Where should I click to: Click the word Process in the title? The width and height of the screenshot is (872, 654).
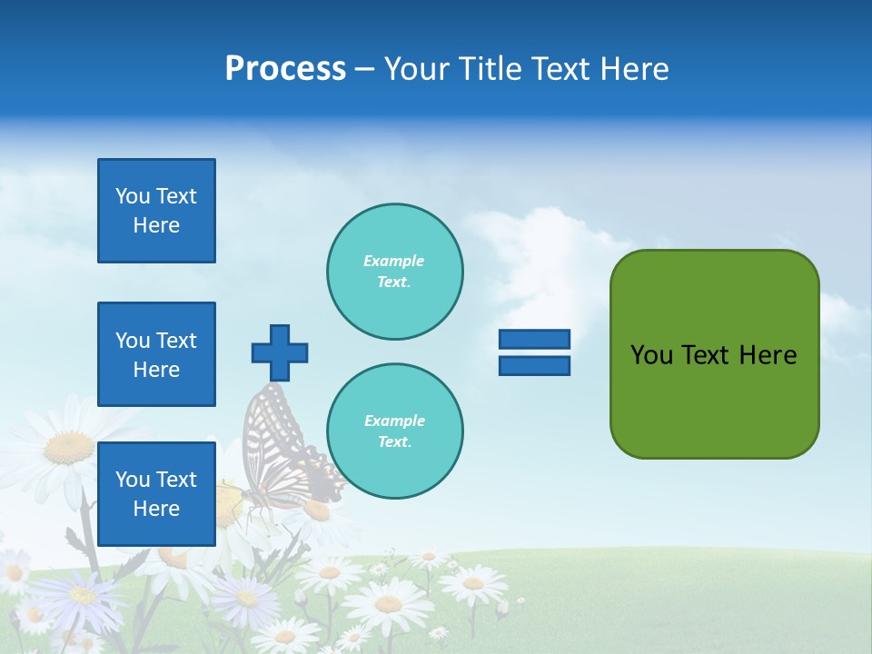[x=285, y=69]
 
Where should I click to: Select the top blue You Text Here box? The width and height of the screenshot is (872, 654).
[x=156, y=211]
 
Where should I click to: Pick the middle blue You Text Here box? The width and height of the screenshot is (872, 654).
[x=156, y=354]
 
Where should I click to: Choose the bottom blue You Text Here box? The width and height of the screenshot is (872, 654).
[x=156, y=493]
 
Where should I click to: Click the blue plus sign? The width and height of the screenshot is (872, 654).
[x=280, y=352]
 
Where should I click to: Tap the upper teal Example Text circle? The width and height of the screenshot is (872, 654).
[x=394, y=272]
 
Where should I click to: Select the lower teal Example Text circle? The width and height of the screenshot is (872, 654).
[x=394, y=431]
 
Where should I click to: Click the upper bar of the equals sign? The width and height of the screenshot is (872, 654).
[x=534, y=340]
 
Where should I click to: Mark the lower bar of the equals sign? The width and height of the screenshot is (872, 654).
[x=534, y=365]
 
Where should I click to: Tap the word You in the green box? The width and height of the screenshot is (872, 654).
[x=651, y=355]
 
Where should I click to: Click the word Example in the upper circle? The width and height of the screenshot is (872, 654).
[x=394, y=261]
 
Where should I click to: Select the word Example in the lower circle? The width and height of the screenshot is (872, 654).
[x=394, y=421]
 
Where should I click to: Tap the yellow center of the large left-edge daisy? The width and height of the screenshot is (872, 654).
[x=68, y=447]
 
